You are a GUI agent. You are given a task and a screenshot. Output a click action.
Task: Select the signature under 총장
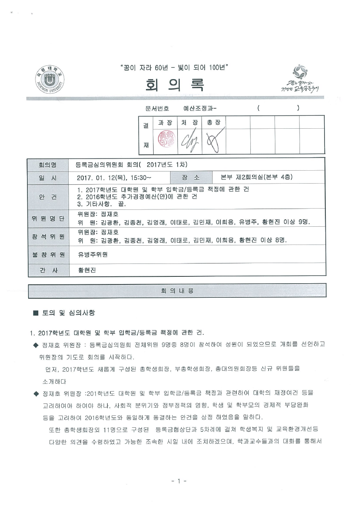[x=213, y=142]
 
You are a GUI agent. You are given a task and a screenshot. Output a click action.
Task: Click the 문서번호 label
[x=157, y=108]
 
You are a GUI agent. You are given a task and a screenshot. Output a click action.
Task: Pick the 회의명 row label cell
[x=48, y=165]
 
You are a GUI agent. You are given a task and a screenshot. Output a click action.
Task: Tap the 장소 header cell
[x=191, y=177]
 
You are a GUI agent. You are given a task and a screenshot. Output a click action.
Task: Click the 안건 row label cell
[x=48, y=196]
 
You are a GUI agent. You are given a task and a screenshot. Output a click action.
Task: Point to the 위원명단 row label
[x=48, y=218]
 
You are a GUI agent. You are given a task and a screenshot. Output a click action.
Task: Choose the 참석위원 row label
[x=48, y=236]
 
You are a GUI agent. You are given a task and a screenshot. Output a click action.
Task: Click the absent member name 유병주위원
[x=93, y=255]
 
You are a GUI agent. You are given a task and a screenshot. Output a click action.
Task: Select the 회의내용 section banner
[x=177, y=291]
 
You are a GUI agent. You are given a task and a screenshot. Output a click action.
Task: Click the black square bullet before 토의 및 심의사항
[x=35, y=313]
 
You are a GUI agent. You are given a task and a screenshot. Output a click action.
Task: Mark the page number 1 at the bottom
[x=179, y=481]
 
